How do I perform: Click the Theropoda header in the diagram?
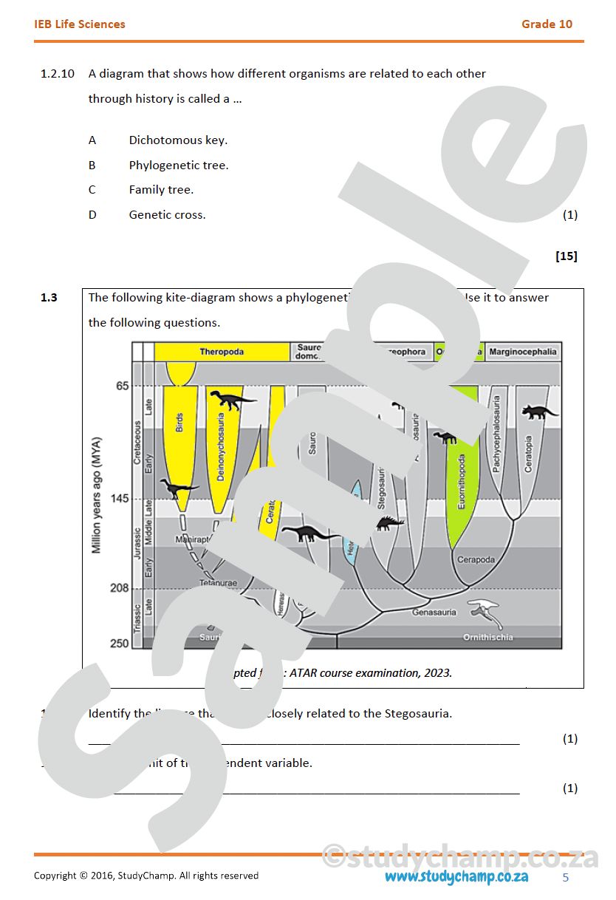(x=221, y=352)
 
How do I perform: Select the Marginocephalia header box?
(x=523, y=352)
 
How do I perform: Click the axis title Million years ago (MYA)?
(x=97, y=495)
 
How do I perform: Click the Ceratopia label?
(x=528, y=455)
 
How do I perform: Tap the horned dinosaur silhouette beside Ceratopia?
(x=539, y=412)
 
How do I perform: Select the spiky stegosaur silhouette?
(x=389, y=523)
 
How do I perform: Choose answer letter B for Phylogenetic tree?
(x=92, y=166)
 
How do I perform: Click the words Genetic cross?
(x=167, y=215)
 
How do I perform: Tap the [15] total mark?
(x=566, y=256)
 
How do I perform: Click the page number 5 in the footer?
(x=566, y=878)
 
